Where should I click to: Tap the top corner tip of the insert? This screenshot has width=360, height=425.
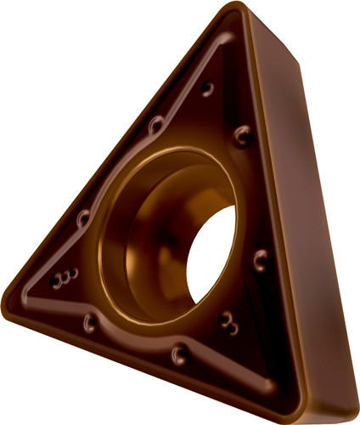click(233, 10)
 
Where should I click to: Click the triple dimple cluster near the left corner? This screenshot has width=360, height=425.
click(65, 278)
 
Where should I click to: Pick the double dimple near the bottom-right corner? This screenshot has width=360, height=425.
click(228, 320)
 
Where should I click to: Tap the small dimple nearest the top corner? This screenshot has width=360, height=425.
click(206, 88)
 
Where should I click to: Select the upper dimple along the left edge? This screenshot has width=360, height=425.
click(155, 126)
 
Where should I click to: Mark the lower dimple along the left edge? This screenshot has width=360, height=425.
click(83, 218)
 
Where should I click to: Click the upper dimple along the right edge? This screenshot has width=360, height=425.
click(243, 134)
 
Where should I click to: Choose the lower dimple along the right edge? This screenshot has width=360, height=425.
click(260, 259)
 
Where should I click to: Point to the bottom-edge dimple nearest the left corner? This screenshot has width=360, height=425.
click(89, 322)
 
